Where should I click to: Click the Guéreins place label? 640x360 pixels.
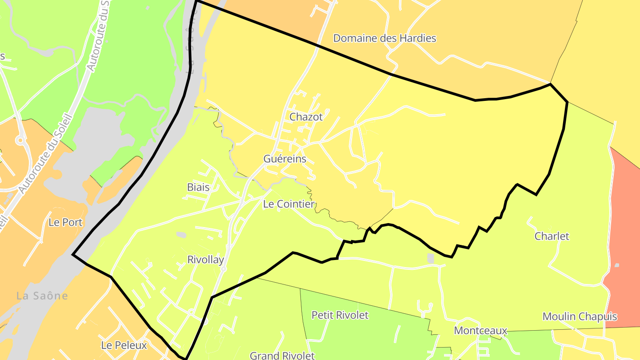(x=285, y=159)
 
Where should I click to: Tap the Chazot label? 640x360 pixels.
(x=306, y=117)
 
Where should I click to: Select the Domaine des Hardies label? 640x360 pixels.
(x=384, y=38)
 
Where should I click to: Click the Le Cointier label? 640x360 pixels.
(x=289, y=204)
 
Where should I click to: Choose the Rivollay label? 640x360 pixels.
(x=205, y=260)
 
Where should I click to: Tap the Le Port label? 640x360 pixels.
(x=66, y=223)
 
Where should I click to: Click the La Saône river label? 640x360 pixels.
(x=42, y=296)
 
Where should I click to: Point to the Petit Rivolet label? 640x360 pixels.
(x=340, y=316)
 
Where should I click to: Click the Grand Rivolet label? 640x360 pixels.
(x=282, y=356)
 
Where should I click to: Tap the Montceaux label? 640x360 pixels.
(x=480, y=331)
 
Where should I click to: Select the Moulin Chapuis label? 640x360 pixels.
(x=580, y=317)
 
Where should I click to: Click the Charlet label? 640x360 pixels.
(x=552, y=236)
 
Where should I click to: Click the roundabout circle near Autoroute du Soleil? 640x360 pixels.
(x=20, y=141)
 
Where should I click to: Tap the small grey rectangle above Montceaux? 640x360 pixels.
(x=430, y=258)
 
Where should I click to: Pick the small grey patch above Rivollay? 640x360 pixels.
(x=181, y=234)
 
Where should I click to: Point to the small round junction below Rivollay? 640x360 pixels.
(x=224, y=269)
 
